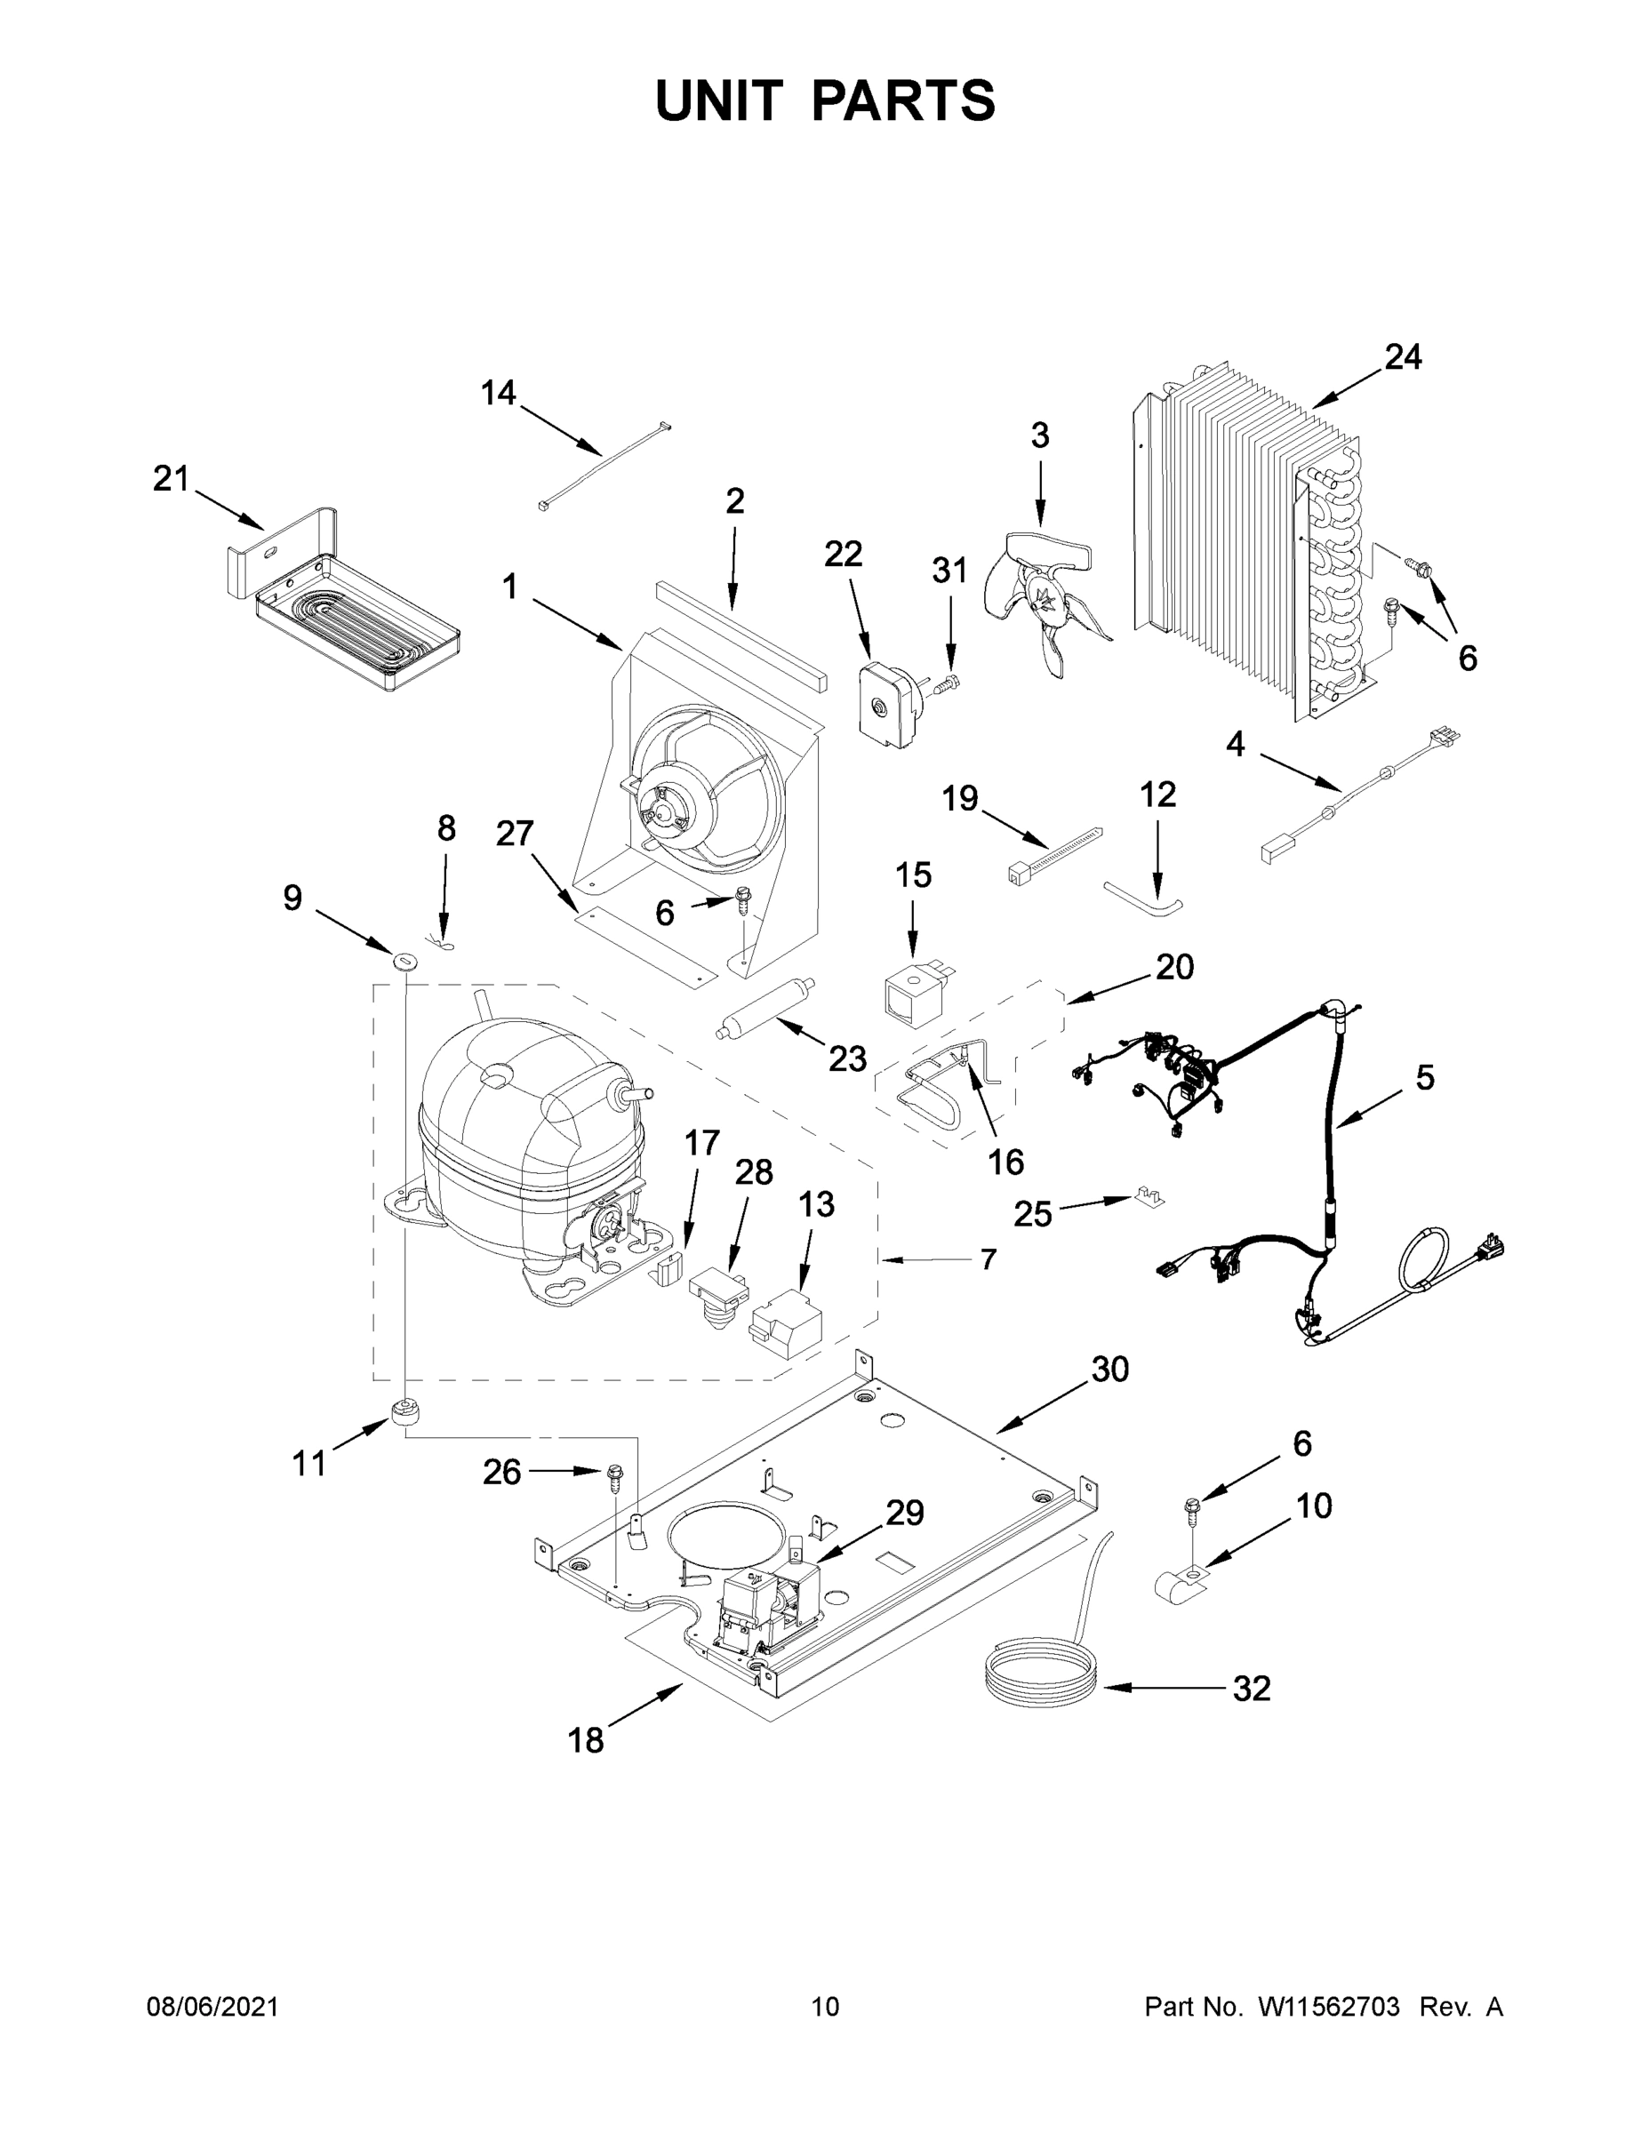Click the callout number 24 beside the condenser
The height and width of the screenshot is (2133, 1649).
[1403, 357]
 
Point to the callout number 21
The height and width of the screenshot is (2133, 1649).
[171, 478]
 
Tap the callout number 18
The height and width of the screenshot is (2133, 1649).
[586, 1739]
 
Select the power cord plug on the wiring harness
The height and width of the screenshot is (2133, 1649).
[1493, 1247]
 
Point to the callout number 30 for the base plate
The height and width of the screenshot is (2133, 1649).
[1109, 1370]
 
